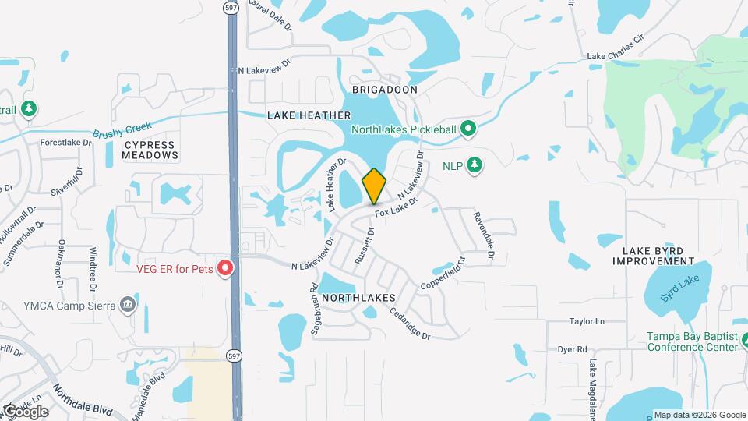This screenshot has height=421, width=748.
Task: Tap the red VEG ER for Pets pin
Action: (x=225, y=269)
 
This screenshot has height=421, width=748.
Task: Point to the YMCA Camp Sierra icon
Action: (x=129, y=304)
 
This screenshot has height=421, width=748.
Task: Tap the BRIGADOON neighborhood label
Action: (x=385, y=90)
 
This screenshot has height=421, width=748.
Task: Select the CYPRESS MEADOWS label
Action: (x=150, y=150)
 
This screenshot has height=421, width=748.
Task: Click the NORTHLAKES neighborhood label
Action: (x=358, y=299)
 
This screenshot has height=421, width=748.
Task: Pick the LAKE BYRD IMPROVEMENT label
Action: (x=658, y=256)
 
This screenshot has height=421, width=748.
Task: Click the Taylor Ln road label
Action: (x=587, y=321)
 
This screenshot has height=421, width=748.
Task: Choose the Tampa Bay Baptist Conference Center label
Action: (x=692, y=341)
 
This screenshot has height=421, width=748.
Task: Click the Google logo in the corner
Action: (x=25, y=411)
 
